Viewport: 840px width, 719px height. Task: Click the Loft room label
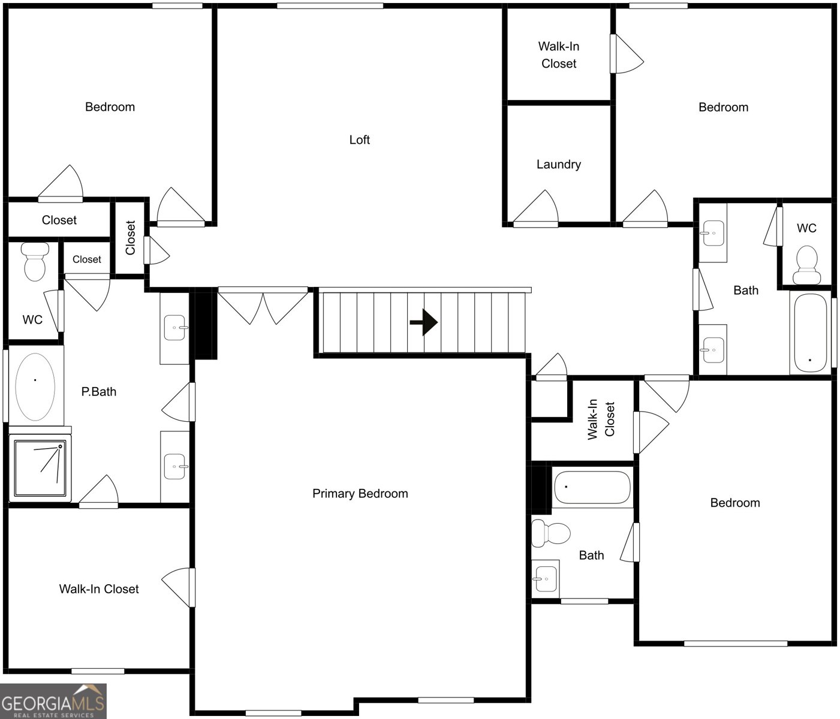pos(359,140)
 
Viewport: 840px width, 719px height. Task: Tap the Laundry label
pos(558,165)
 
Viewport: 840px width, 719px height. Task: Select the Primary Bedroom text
pos(360,494)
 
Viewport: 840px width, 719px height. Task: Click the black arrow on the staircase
pos(423,322)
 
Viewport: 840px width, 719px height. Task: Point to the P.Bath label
pos(99,392)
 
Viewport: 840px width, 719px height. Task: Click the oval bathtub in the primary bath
pos(35,386)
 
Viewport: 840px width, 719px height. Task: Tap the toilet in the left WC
pos(35,262)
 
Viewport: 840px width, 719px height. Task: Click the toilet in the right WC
pos(806,265)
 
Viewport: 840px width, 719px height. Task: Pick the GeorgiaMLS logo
pos(53,701)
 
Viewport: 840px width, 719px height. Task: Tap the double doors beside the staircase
pos(263,306)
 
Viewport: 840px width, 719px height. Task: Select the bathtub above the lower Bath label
pos(592,487)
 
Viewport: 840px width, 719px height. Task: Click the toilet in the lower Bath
pos(550,533)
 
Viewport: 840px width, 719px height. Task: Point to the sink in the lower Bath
pos(545,579)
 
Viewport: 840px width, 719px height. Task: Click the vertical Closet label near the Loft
pos(131,238)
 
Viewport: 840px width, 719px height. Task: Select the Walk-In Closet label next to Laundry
pos(559,55)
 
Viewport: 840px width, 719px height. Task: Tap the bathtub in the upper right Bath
pos(811,333)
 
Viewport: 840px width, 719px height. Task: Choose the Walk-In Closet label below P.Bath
pos(99,589)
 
